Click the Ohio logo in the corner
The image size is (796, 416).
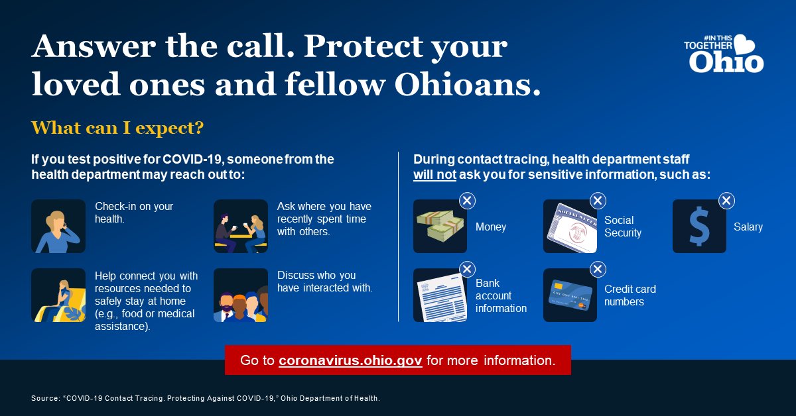724,54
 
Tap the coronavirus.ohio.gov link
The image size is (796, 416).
350,361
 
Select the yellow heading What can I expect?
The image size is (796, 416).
117,127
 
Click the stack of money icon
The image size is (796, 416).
440,227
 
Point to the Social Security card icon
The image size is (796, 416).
570,227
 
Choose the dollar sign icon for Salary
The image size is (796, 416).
699,227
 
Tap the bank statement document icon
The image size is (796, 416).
440,295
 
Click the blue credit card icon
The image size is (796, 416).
570,295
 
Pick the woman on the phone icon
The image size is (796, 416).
58,227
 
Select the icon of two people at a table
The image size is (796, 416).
240,227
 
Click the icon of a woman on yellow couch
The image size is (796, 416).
58,295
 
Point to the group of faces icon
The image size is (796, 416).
240,295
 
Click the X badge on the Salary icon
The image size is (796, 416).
726,200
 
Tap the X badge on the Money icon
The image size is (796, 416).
467,200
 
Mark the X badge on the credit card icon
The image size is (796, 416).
597,269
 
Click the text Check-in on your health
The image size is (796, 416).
134,213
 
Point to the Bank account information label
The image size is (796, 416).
501,295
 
